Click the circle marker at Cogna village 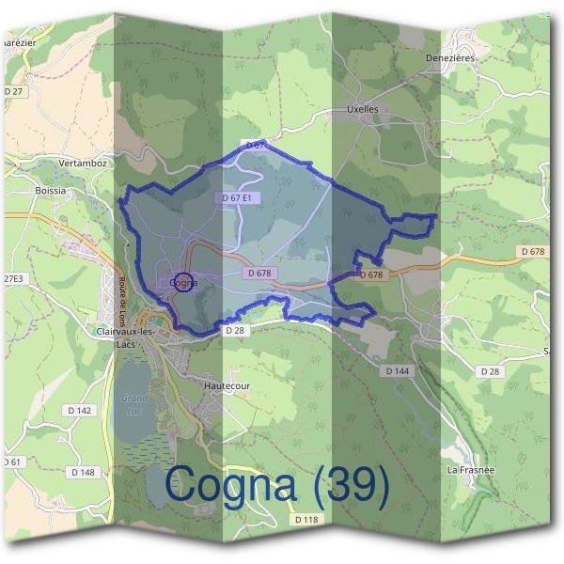tap(184, 282)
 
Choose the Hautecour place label tap(229, 384)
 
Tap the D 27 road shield tap(13, 91)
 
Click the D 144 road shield tap(398, 371)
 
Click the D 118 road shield tap(306, 520)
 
